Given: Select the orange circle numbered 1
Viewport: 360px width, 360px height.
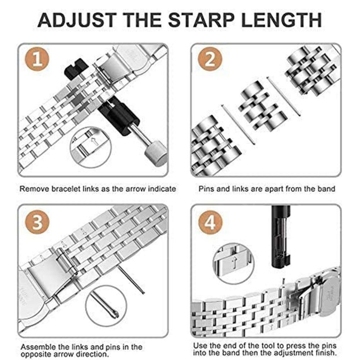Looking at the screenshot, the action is click(x=37, y=59).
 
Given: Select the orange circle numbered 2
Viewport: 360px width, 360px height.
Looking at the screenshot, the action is click(x=210, y=59).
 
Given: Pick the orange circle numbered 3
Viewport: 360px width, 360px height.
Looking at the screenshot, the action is click(x=37, y=222).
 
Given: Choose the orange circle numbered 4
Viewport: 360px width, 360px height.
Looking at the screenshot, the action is click(x=210, y=222).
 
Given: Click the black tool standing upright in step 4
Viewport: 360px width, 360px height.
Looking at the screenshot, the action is click(x=280, y=237).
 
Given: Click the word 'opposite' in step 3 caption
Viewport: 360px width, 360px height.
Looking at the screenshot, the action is click(x=35, y=354).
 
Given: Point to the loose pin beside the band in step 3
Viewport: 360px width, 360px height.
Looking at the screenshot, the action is click(x=131, y=279).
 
